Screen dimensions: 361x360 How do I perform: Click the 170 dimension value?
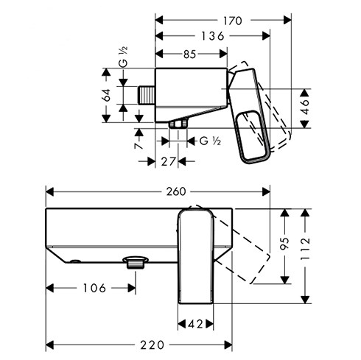coord(232,21)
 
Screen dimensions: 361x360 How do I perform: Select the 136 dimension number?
coord(213,36)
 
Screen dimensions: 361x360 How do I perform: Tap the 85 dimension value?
coord(189,54)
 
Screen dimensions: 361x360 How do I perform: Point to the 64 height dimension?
coord(107,95)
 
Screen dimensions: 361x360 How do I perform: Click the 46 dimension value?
coord(305,107)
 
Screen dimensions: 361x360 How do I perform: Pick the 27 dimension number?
coord(168,161)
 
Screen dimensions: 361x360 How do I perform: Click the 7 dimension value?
coord(139,146)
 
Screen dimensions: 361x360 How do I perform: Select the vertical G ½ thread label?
coord(123,57)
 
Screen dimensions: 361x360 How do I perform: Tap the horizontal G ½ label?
coord(210,141)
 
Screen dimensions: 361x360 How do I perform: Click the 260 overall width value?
coord(176,191)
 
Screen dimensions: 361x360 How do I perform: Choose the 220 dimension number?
coord(152,345)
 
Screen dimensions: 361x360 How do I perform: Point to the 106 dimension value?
coord(94,288)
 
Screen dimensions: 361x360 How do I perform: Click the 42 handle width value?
coord(195,325)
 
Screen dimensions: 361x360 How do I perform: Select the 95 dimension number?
coord(284,244)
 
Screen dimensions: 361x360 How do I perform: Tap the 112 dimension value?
coord(305,249)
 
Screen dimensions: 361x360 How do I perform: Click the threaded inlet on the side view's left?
coord(147,95)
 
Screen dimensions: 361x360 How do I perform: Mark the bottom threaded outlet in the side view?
coord(178,123)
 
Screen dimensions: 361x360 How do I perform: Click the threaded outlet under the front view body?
coord(136,262)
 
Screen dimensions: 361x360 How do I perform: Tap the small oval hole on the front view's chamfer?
coord(75,261)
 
